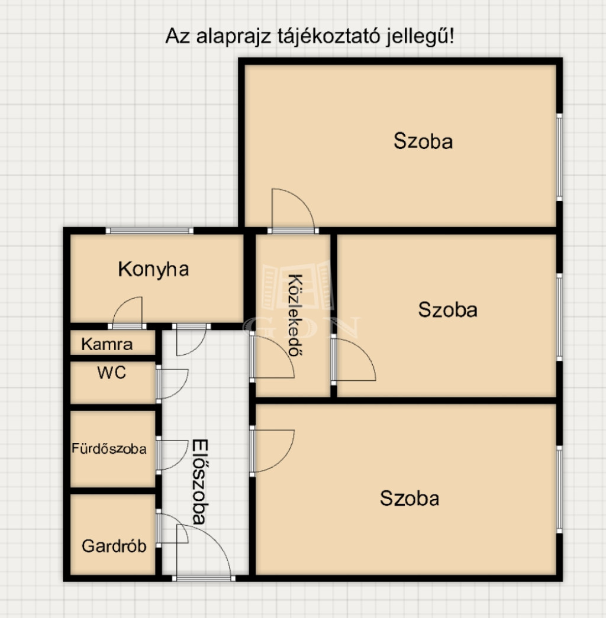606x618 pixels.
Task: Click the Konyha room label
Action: point(153,270)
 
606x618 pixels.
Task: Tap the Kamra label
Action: point(107,344)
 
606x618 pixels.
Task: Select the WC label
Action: point(112,373)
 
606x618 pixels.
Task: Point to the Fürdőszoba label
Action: point(109,448)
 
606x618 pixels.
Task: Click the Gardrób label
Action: point(114,546)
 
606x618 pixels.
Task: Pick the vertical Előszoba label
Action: point(200,481)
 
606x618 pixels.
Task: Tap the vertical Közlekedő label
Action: point(295,315)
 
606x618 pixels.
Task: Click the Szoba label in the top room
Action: point(423,141)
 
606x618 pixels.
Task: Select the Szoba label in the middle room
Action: point(448,310)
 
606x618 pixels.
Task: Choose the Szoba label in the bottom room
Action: point(410,499)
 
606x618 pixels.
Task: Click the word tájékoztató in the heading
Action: point(328,37)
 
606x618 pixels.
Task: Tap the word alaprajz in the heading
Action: point(234,37)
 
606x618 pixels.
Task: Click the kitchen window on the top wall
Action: point(150,231)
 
